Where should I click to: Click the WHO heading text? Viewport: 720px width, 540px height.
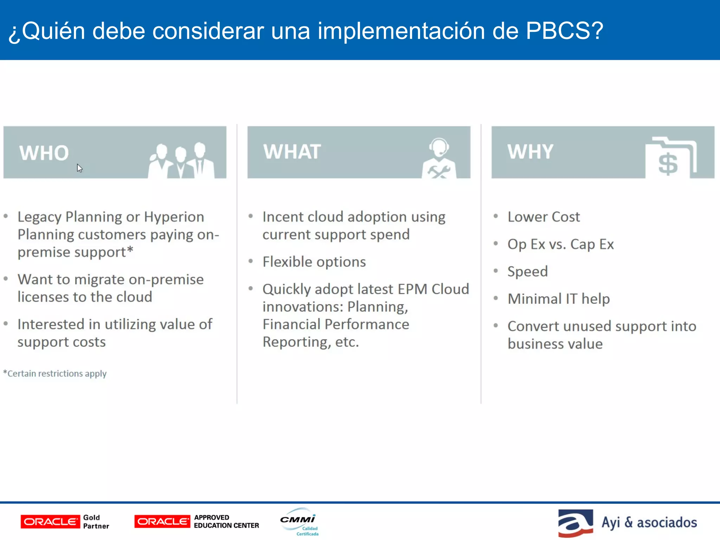click(44, 153)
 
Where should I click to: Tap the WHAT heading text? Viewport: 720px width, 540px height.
click(292, 152)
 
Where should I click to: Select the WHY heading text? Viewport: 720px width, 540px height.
click(530, 152)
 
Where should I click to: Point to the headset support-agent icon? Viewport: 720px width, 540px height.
click(439, 158)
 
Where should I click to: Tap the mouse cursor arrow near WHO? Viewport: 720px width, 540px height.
click(79, 168)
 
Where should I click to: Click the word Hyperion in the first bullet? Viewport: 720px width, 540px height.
click(174, 217)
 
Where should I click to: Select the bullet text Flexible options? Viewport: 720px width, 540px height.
click(314, 262)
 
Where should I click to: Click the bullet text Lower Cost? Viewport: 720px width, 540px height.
click(544, 217)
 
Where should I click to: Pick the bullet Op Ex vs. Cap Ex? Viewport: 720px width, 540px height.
click(560, 244)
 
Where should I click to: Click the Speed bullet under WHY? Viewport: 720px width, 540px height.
click(527, 271)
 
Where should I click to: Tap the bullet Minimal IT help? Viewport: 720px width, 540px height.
click(559, 299)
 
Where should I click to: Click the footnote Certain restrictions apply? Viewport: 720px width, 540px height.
click(56, 373)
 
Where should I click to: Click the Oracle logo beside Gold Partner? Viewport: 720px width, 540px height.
click(50, 522)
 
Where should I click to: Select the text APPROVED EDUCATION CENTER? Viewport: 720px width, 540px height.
click(226, 521)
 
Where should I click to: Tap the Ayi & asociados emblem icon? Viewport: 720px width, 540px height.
click(576, 523)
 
